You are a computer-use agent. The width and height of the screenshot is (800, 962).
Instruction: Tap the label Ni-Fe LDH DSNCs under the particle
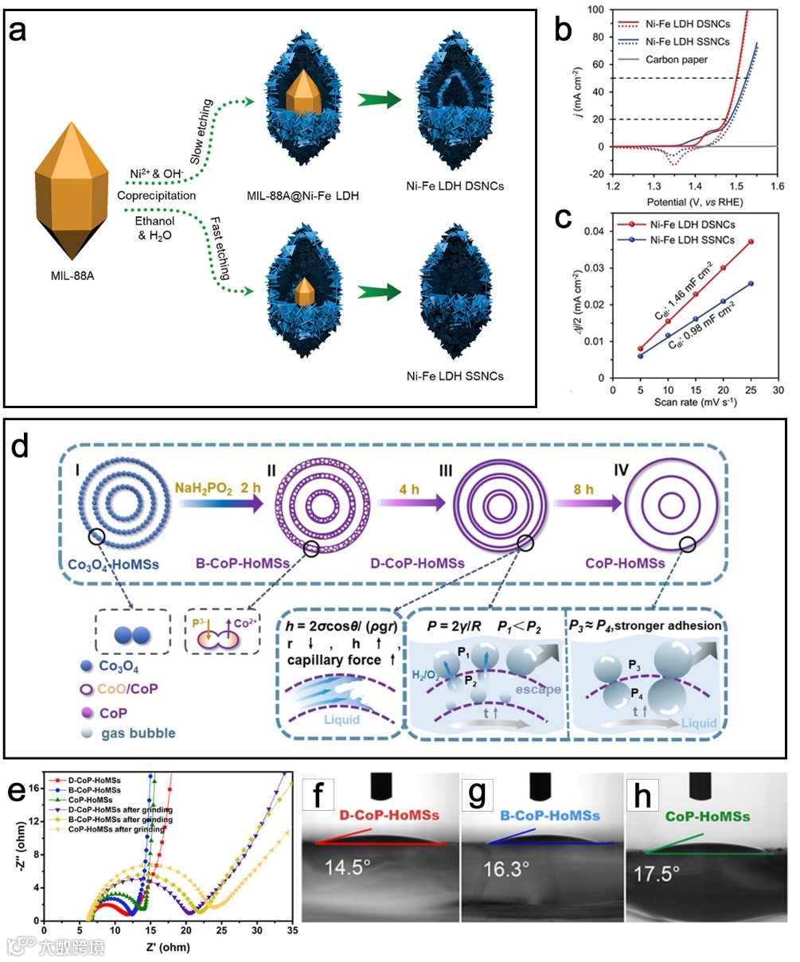465,186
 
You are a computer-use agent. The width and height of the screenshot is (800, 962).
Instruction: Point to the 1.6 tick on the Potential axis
777,185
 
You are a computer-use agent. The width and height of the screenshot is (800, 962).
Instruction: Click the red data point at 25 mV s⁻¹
750,242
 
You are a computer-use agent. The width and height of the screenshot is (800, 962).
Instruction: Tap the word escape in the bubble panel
537,689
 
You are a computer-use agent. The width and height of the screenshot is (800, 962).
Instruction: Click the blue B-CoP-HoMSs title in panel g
543,816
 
